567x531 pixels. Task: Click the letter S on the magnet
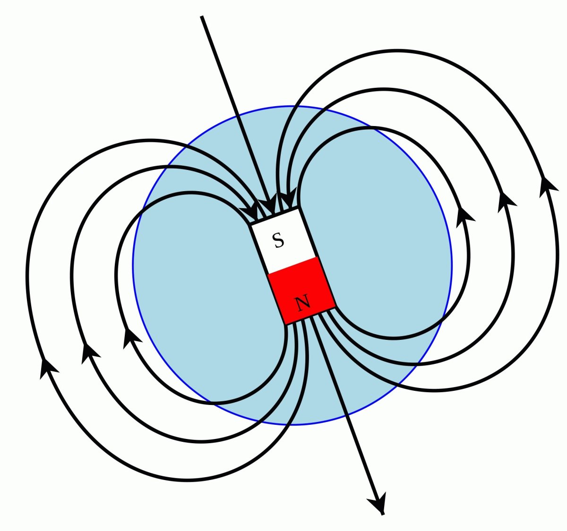coord(279,241)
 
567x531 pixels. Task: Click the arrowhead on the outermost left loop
coord(48,368)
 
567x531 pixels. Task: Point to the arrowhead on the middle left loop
coord(90,353)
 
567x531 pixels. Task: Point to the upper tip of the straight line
coord(202,17)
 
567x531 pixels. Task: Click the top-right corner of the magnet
coord(299,208)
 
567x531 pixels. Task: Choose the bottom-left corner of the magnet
coord(285,324)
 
